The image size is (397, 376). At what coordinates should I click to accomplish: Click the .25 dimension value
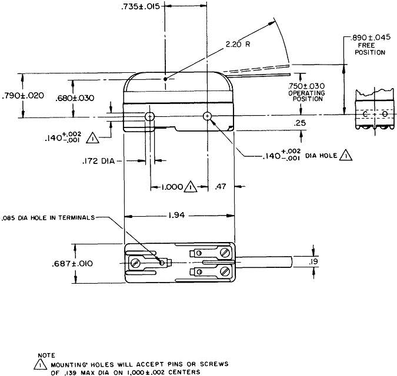[x=301, y=122]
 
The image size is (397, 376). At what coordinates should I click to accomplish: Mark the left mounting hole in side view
[x=150, y=116]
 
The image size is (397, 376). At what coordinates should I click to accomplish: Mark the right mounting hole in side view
[x=208, y=116]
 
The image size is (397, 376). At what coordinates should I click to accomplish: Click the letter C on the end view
[x=365, y=114]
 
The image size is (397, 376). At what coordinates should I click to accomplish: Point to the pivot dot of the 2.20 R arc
[x=166, y=78]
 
